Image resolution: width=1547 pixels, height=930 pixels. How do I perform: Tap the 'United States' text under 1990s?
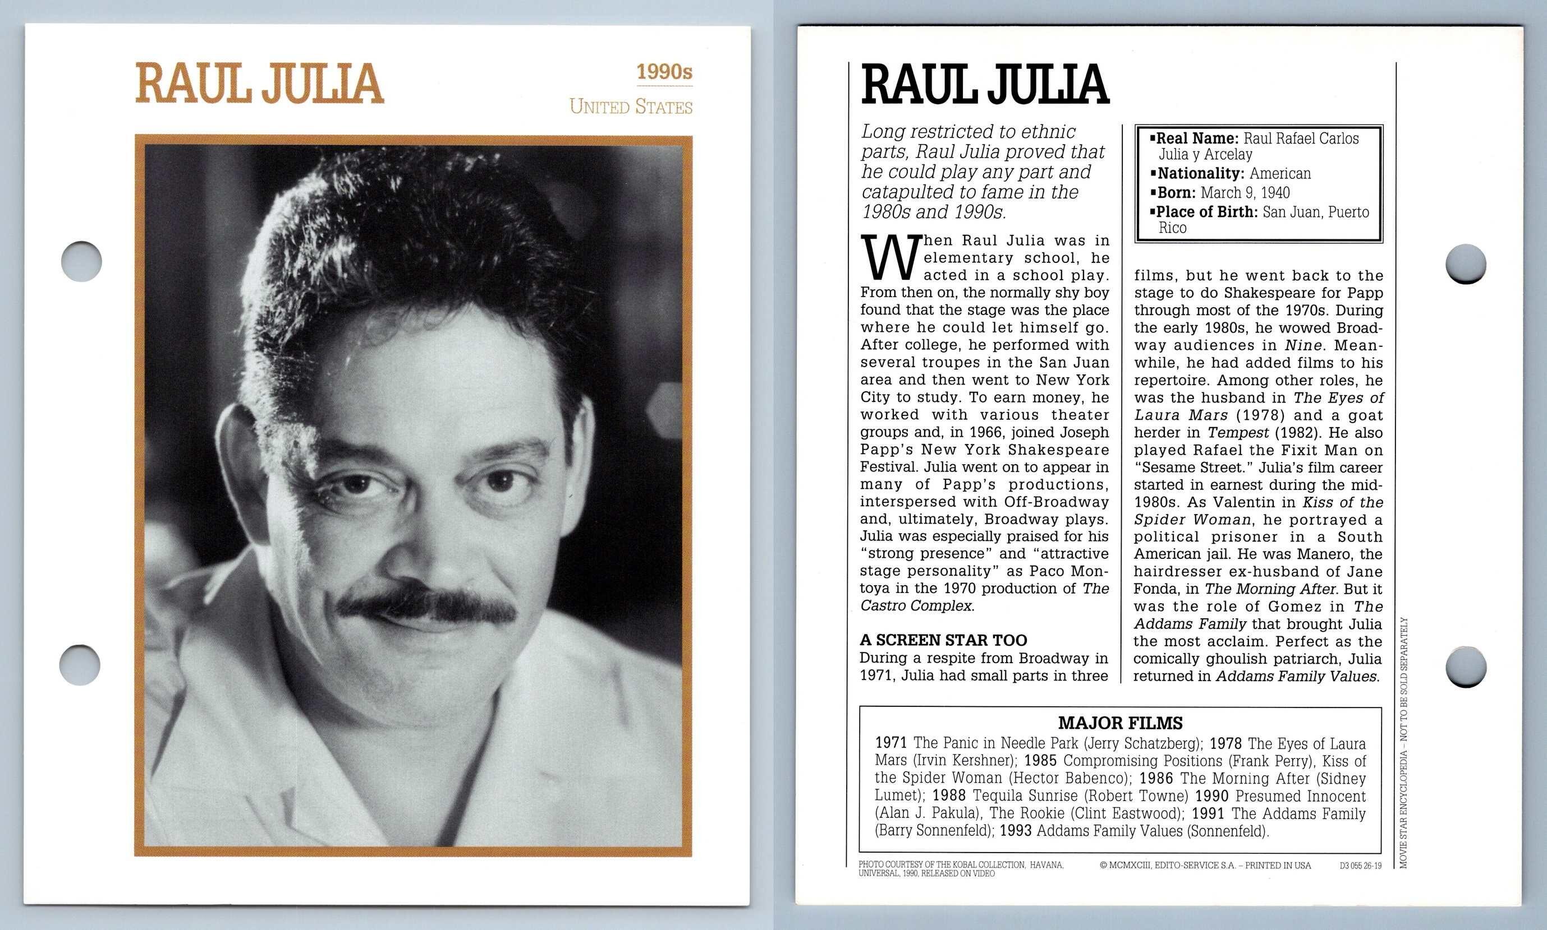630,107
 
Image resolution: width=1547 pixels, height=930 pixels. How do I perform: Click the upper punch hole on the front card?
81,261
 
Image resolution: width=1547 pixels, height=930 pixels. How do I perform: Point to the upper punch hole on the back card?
1466,263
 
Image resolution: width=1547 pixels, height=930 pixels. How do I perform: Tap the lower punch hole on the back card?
1466,666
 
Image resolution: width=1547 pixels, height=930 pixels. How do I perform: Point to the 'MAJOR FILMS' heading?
1120,723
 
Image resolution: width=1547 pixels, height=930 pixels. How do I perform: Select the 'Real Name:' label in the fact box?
1196,138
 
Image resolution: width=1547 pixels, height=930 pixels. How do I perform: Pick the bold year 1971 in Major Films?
891,743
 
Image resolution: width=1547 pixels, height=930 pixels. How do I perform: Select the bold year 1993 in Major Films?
1015,831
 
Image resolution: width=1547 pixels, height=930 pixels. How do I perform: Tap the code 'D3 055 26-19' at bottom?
1360,866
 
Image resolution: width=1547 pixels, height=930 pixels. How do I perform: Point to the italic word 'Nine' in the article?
1302,345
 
